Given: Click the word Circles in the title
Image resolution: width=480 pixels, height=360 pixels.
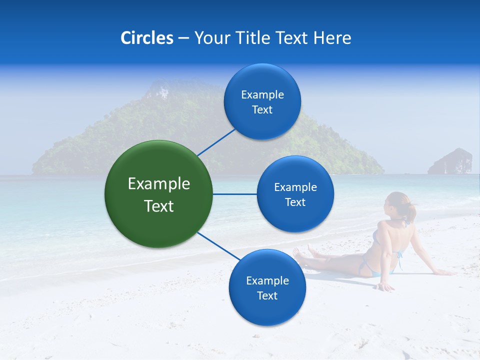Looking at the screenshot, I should coord(147,38).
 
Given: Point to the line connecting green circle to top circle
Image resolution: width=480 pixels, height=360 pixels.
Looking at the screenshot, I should coord(216,142).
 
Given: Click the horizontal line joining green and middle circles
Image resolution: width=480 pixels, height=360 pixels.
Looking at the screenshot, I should coord(235,194).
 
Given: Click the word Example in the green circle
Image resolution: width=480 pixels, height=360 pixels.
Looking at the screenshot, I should coord(159,184).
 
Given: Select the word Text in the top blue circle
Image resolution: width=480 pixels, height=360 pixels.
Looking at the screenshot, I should coord(262,110).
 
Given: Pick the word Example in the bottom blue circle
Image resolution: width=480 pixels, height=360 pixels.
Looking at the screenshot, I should coord(267,280).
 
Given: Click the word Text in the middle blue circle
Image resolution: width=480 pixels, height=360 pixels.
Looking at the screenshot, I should coord(295,202).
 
